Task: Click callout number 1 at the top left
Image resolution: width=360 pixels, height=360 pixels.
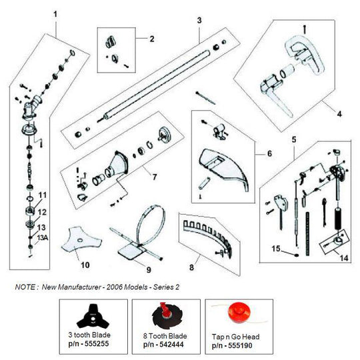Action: click(55, 13)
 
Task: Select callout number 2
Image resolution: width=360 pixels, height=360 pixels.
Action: click(151, 39)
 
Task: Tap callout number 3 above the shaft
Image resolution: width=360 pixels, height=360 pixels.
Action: click(199, 21)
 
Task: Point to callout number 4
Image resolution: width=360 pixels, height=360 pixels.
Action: click(339, 114)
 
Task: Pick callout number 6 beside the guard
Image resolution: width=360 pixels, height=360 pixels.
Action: click(269, 153)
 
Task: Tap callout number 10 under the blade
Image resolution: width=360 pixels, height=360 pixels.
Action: click(85, 265)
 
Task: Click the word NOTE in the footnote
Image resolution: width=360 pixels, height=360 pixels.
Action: click(25, 287)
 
